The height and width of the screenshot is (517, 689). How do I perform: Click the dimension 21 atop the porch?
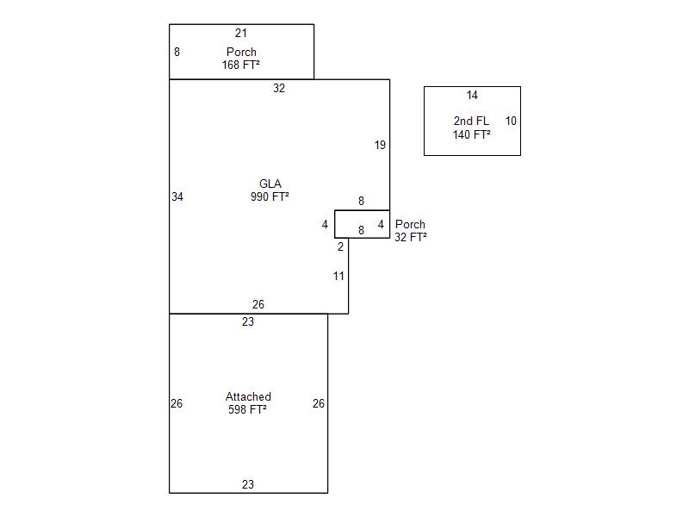(x=241, y=33)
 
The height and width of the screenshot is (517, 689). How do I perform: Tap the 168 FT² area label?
(x=241, y=65)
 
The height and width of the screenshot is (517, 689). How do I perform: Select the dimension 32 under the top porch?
(x=279, y=88)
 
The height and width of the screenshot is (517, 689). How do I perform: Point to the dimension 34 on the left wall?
(x=177, y=196)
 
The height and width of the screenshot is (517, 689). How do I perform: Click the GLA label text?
(x=270, y=184)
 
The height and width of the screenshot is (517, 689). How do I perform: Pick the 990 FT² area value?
(x=270, y=196)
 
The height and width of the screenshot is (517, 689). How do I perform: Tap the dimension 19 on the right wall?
(x=380, y=145)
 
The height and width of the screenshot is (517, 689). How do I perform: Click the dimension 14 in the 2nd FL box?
(x=472, y=95)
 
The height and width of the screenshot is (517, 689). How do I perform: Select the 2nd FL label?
(x=471, y=121)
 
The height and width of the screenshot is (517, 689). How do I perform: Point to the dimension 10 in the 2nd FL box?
(x=511, y=121)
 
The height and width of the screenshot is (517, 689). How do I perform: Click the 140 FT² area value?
(x=472, y=134)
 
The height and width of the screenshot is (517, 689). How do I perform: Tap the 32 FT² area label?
(x=411, y=237)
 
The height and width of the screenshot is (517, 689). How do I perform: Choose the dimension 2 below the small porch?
(x=340, y=246)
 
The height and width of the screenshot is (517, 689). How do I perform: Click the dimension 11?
(x=338, y=276)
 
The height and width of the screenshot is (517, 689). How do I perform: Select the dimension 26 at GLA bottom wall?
(x=258, y=304)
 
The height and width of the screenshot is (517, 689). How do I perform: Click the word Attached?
(x=248, y=397)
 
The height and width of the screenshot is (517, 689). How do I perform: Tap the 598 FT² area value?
(x=248, y=410)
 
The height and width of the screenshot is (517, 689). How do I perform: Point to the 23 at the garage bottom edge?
(x=248, y=484)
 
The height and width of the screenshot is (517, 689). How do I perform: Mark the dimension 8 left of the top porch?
(x=177, y=52)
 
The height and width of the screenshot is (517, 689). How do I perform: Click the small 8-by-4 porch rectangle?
(x=362, y=224)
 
